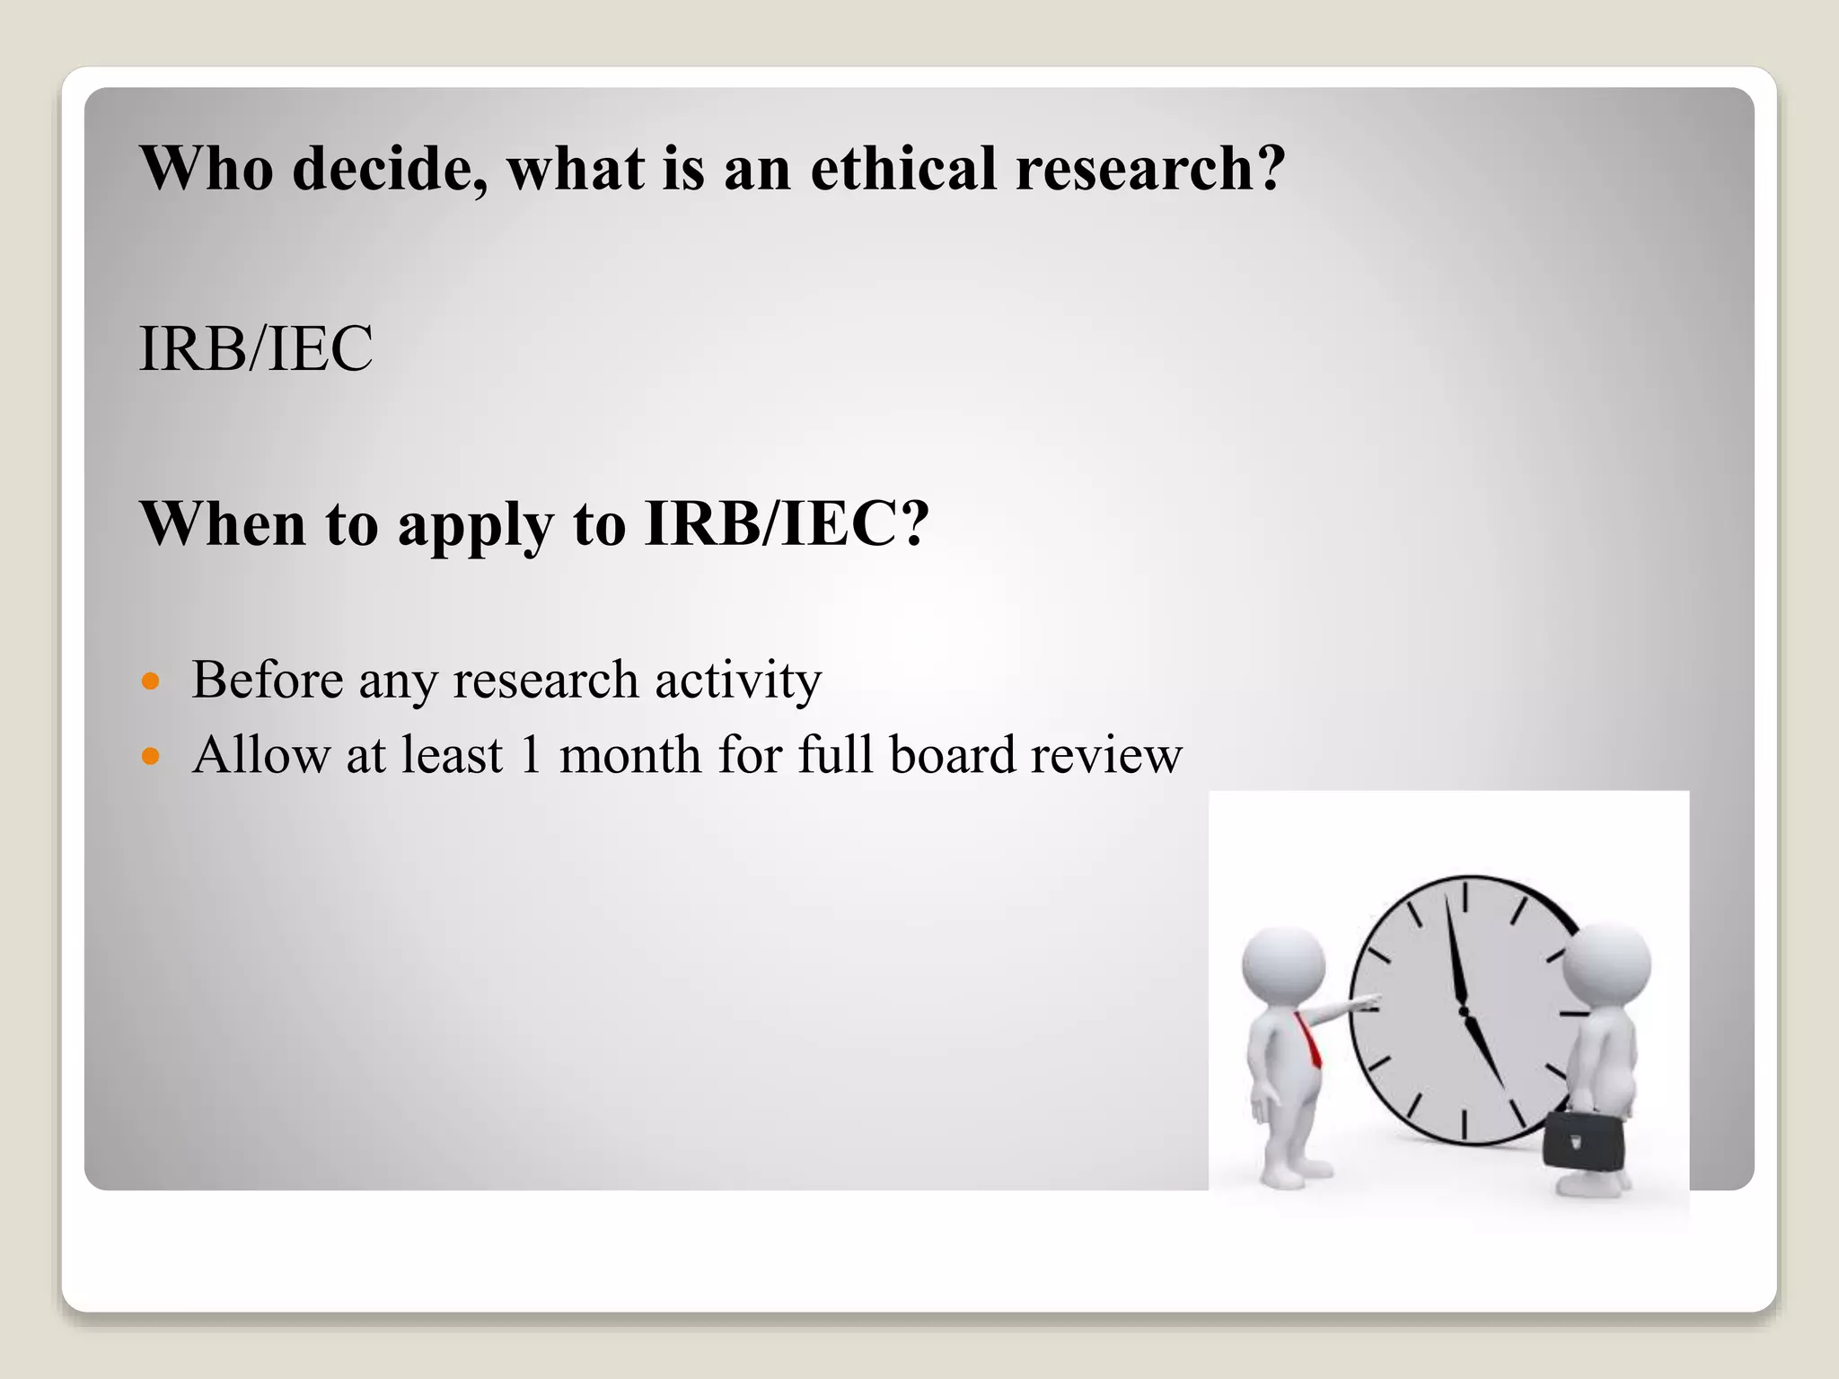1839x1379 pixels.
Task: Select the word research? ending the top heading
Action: point(1150,170)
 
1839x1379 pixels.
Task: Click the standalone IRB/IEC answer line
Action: point(256,348)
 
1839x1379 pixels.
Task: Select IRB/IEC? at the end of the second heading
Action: point(787,523)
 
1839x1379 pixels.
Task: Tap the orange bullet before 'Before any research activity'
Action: point(151,681)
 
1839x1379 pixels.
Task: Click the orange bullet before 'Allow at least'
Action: point(151,756)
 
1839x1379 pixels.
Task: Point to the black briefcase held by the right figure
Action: point(1582,1141)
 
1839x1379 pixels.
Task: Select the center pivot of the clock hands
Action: point(1465,1012)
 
